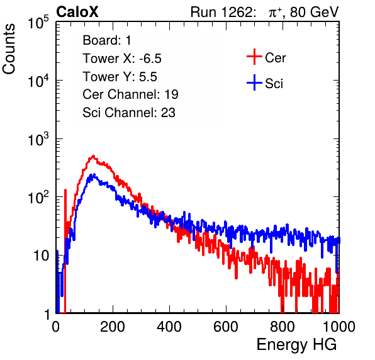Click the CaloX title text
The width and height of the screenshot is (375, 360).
77,12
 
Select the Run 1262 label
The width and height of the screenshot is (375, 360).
221,12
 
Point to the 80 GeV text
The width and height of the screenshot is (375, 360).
315,12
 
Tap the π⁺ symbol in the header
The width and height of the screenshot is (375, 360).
276,13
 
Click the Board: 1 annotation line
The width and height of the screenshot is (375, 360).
107,40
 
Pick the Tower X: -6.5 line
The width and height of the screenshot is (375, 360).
122,59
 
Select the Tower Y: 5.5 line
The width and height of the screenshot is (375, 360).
120,77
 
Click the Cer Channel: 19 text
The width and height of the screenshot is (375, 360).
130,94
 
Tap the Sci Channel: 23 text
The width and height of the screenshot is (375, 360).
129,113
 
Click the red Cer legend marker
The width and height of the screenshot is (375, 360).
254,57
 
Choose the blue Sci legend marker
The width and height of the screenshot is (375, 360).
254,82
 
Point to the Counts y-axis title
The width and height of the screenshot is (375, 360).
9,48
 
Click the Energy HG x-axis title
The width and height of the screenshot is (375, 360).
296,344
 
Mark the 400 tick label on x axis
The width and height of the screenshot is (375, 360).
169,327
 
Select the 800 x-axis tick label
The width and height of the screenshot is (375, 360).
283,327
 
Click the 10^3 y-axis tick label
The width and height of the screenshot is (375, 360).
38,139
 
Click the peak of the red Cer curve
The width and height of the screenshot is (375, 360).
93,157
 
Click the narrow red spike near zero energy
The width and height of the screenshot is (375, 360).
65,227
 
